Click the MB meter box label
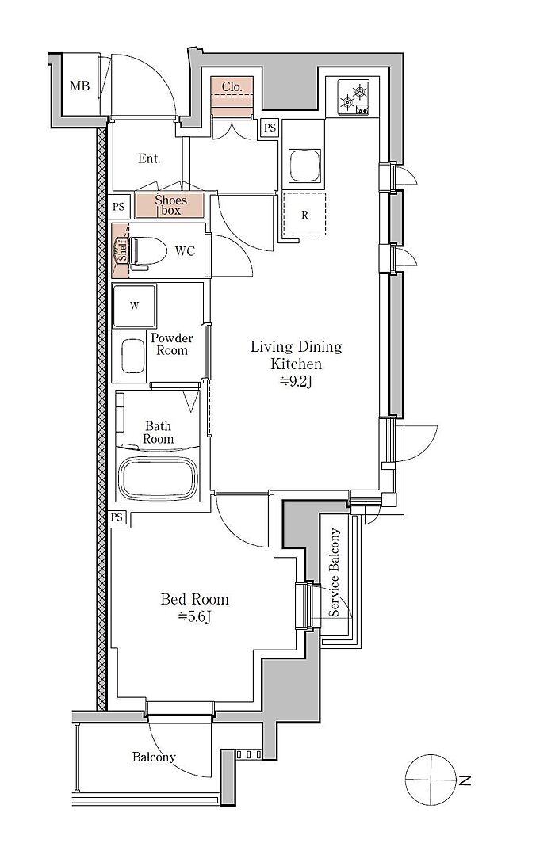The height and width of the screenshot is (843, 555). [x=79, y=86]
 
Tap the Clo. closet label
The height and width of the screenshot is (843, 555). [x=232, y=86]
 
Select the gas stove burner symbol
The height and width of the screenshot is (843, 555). [x=354, y=97]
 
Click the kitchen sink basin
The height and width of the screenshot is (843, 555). [x=305, y=165]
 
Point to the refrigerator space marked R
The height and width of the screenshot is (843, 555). [x=304, y=213]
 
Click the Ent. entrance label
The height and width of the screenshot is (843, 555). [x=149, y=158]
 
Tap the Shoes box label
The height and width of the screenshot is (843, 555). [x=170, y=205]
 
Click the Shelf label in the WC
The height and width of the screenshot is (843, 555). [x=121, y=250]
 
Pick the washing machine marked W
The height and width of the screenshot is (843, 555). [x=135, y=305]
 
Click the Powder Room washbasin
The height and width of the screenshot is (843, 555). [x=132, y=356]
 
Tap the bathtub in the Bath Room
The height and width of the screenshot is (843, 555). [x=158, y=479]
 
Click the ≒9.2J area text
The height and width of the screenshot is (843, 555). [x=296, y=382]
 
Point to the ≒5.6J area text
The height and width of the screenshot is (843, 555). [x=194, y=616]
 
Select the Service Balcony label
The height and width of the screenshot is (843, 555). [x=335, y=573]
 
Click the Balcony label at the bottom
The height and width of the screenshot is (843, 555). [x=154, y=757]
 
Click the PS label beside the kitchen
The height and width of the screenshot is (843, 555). [x=270, y=128]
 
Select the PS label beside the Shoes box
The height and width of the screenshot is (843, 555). [x=119, y=207]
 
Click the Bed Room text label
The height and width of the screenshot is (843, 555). [x=195, y=599]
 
